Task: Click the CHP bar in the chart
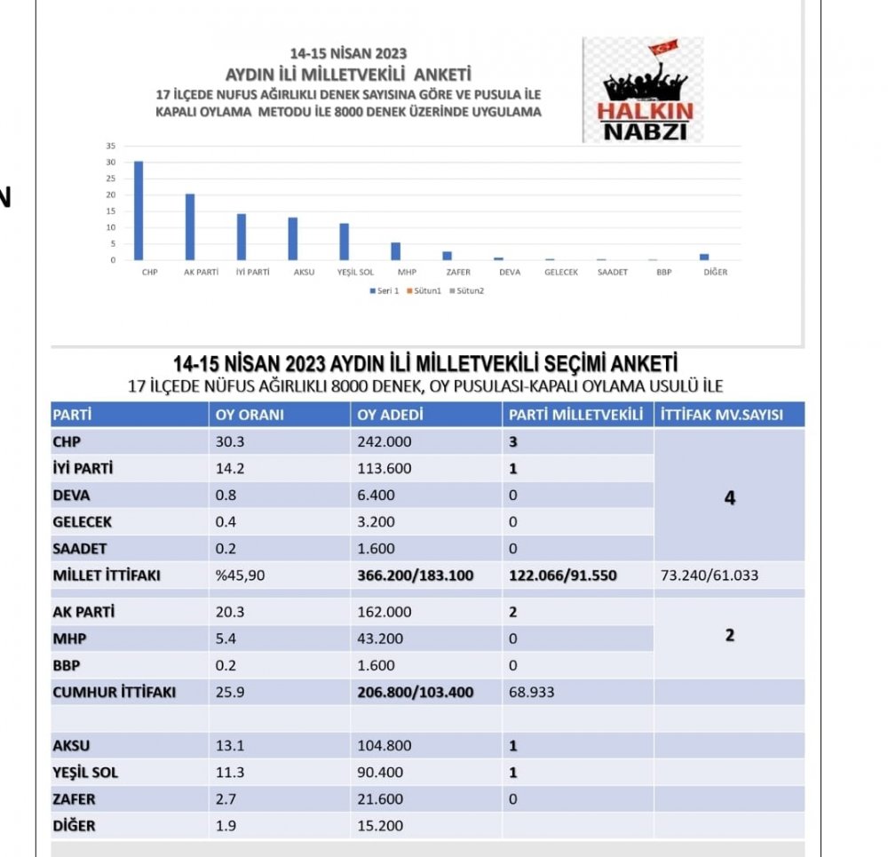click(139, 211)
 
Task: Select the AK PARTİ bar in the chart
click(190, 227)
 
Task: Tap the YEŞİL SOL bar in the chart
click(344, 242)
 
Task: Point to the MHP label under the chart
click(407, 272)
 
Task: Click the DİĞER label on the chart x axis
click(715, 272)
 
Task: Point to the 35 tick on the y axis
click(111, 146)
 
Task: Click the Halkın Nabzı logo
click(643, 90)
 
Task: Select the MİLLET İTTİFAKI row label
click(106, 575)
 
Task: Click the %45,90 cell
click(240, 575)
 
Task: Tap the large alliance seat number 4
click(730, 498)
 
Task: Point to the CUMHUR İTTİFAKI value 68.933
click(532, 692)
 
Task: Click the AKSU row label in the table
click(72, 746)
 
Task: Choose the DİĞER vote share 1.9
click(226, 826)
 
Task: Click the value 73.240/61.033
click(710, 575)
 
